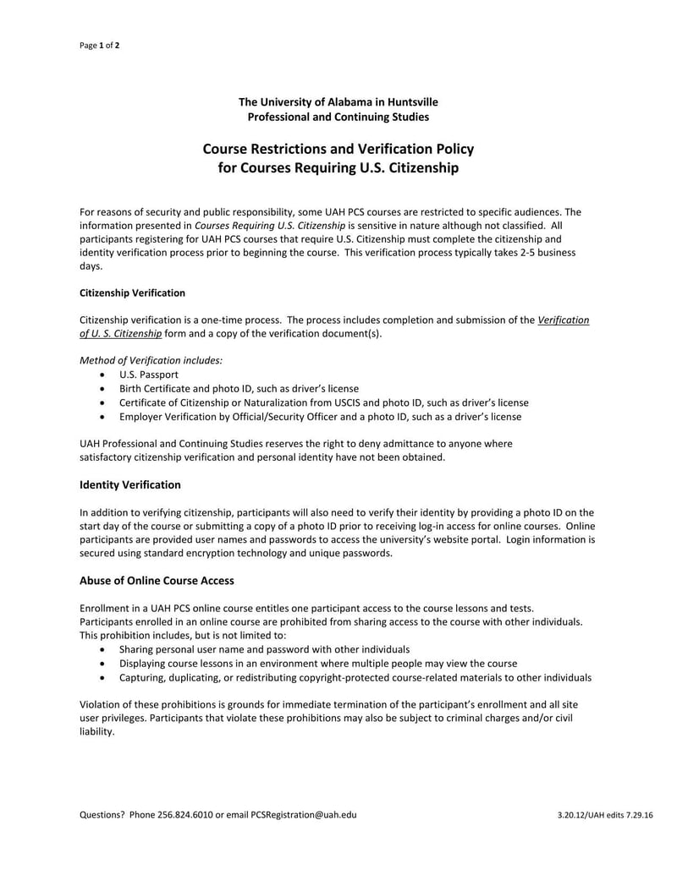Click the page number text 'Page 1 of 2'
(x=99, y=46)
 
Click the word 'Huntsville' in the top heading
(x=410, y=101)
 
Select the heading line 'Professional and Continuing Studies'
(x=338, y=117)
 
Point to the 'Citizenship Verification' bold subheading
(x=132, y=293)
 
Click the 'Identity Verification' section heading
(x=129, y=484)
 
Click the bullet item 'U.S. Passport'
(x=149, y=374)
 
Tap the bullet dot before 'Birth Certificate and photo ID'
(x=102, y=388)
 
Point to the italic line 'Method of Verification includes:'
(x=151, y=359)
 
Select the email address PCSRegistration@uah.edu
(x=304, y=814)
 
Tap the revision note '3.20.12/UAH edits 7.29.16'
(x=605, y=815)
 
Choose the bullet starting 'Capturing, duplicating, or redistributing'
(x=355, y=678)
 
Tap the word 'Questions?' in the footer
(x=102, y=814)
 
